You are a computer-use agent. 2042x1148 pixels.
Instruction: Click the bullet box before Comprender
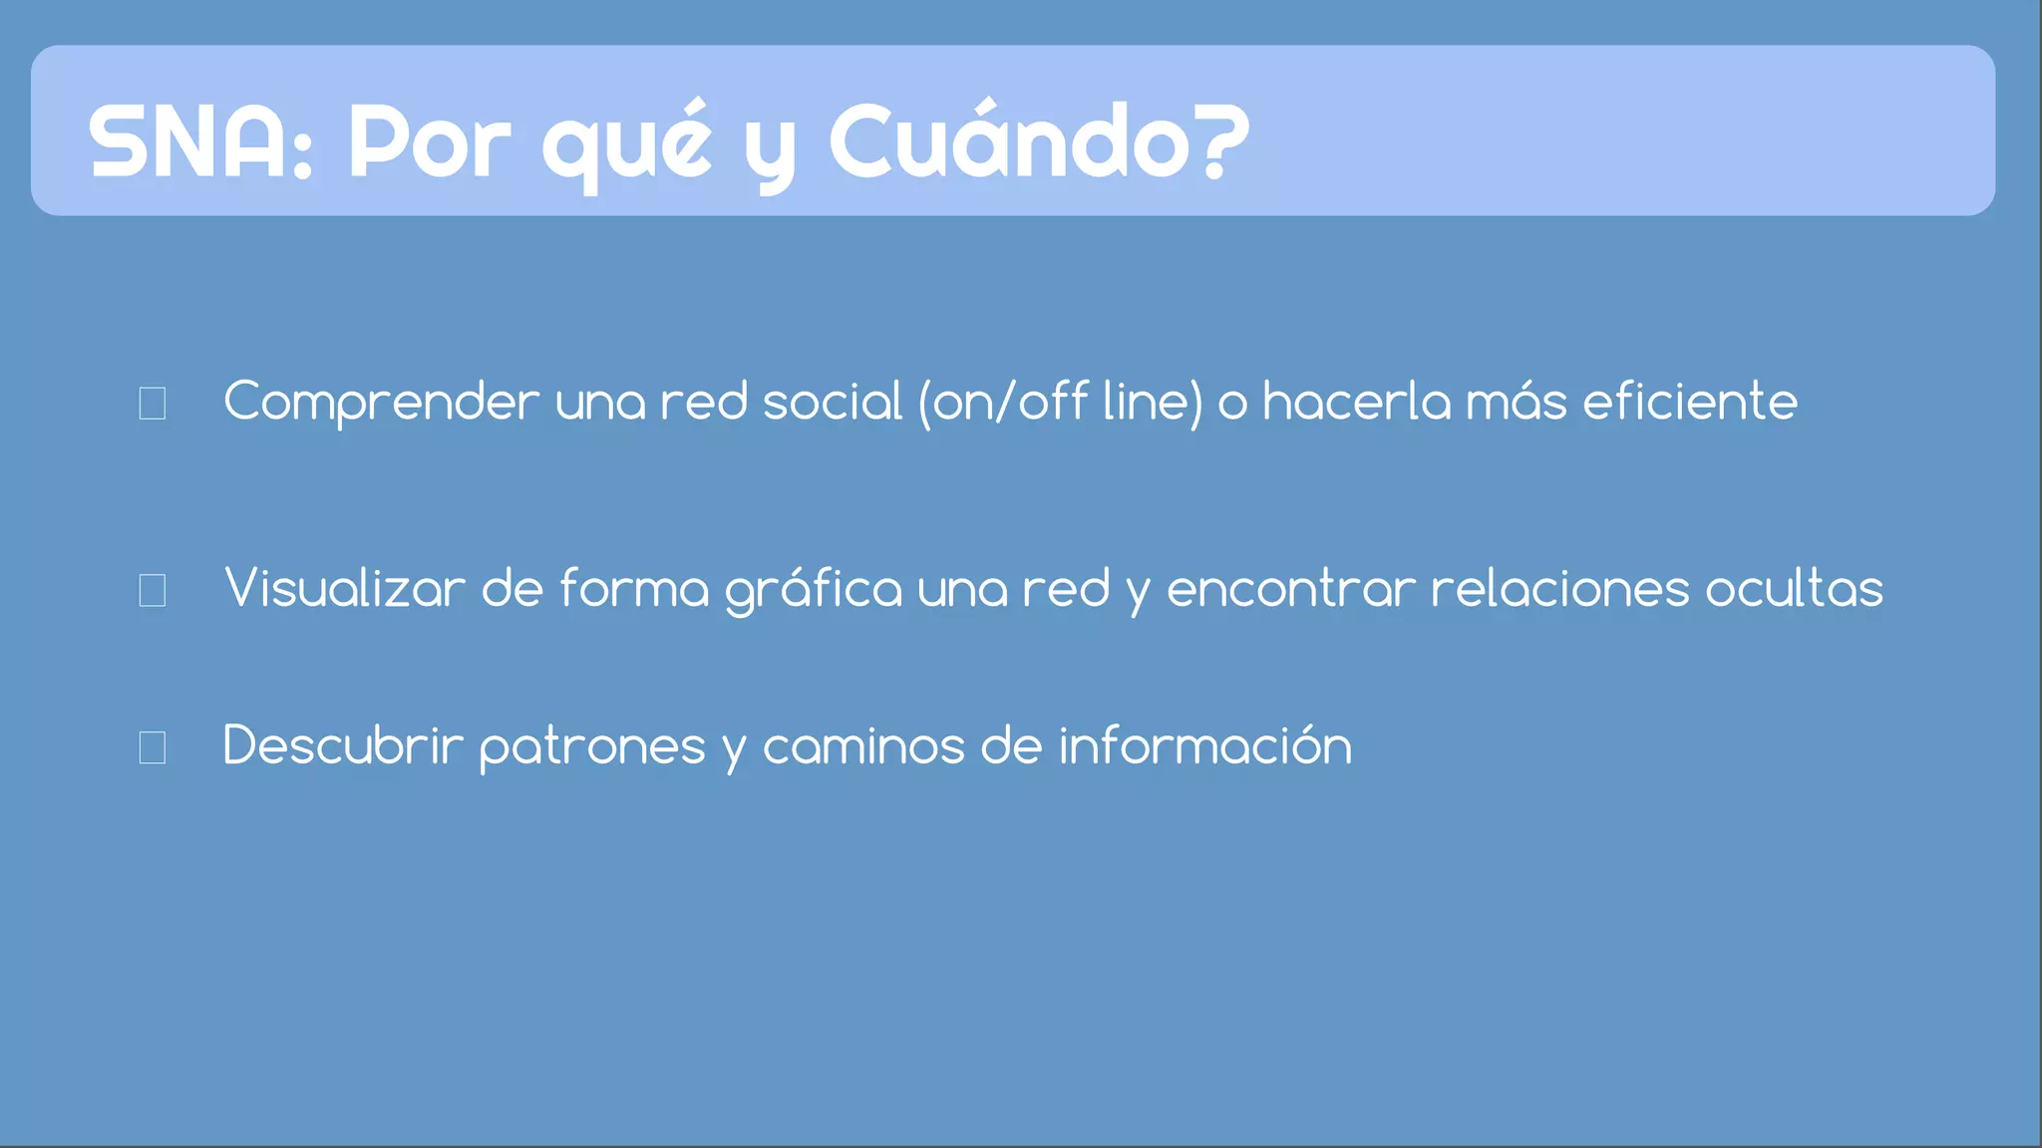pyautogui.click(x=153, y=404)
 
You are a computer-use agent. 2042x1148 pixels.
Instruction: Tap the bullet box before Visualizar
pyautogui.click(x=153, y=590)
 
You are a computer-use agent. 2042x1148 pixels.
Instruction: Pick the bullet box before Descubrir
pyautogui.click(x=153, y=747)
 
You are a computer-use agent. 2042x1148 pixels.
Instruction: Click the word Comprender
pyautogui.click(x=381, y=403)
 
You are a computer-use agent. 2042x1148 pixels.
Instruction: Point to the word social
pyautogui.click(x=832, y=402)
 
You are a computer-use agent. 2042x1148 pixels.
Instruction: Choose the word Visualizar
pyautogui.click(x=345, y=588)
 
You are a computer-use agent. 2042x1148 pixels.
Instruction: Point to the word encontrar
pyautogui.click(x=1290, y=589)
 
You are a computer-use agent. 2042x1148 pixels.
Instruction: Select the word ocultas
pyautogui.click(x=1794, y=588)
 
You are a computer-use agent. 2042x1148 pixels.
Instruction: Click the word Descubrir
pyautogui.click(x=343, y=745)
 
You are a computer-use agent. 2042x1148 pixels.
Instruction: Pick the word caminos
pyautogui.click(x=863, y=745)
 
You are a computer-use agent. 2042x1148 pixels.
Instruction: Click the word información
pyautogui.click(x=1204, y=745)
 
